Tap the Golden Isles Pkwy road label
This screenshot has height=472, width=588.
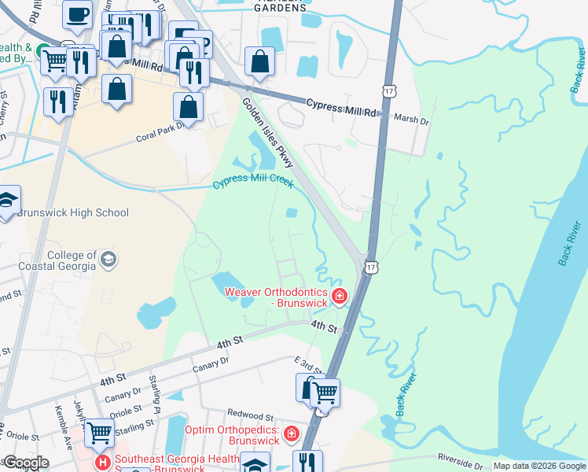pyautogui.click(x=268, y=132)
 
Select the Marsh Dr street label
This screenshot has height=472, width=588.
pyautogui.click(x=413, y=121)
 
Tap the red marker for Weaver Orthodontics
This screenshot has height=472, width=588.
pyautogui.click(x=340, y=297)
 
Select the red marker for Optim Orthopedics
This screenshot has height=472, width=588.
pyautogui.click(x=292, y=433)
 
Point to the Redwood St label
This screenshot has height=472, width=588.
pyautogui.click(x=250, y=415)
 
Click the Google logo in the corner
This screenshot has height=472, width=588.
pyautogui.click(x=25, y=463)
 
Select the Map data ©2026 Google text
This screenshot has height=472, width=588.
pyautogui.click(x=539, y=466)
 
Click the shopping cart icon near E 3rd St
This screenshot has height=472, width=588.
pyautogui.click(x=325, y=392)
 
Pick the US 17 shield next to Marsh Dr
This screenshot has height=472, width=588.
pyautogui.click(x=389, y=91)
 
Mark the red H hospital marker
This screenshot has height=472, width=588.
pyautogui.click(x=103, y=461)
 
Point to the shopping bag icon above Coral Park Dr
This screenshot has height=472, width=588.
pyautogui.click(x=189, y=105)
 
